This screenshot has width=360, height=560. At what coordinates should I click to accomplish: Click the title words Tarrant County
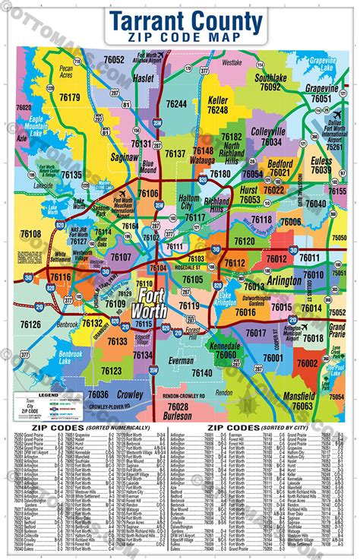(186, 21)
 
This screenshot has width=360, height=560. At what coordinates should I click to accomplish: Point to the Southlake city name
(270, 78)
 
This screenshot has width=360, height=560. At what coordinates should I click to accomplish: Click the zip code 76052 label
(114, 59)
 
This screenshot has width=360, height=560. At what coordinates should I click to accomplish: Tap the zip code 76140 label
(202, 372)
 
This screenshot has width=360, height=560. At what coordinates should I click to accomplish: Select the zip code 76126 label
(30, 324)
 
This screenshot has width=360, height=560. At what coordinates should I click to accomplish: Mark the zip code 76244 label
(176, 103)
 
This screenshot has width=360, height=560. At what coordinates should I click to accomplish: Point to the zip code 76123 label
(111, 371)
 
